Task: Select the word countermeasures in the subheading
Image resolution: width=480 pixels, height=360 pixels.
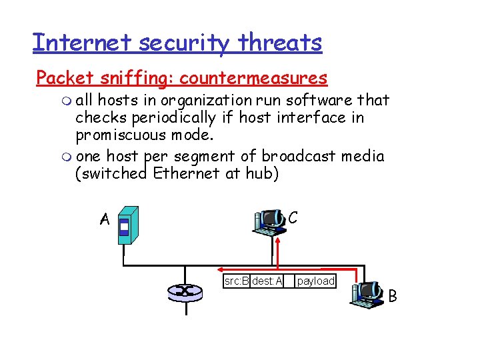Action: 253,78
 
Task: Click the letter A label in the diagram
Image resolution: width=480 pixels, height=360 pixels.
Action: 104,219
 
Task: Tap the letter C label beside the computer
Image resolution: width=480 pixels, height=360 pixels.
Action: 293,218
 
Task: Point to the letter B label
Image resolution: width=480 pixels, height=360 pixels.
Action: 392,295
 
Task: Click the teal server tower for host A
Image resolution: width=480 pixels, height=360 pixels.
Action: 127,225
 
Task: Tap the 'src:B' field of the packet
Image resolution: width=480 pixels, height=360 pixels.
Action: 237,281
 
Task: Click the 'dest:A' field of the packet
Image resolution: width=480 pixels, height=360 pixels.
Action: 267,281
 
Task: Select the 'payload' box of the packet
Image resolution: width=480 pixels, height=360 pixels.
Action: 315,281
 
